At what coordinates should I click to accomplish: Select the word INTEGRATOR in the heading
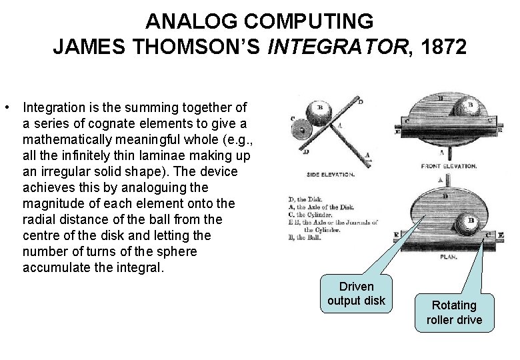pos(346,48)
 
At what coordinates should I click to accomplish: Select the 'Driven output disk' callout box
pos(356,293)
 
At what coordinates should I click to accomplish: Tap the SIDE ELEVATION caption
pos(330,175)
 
